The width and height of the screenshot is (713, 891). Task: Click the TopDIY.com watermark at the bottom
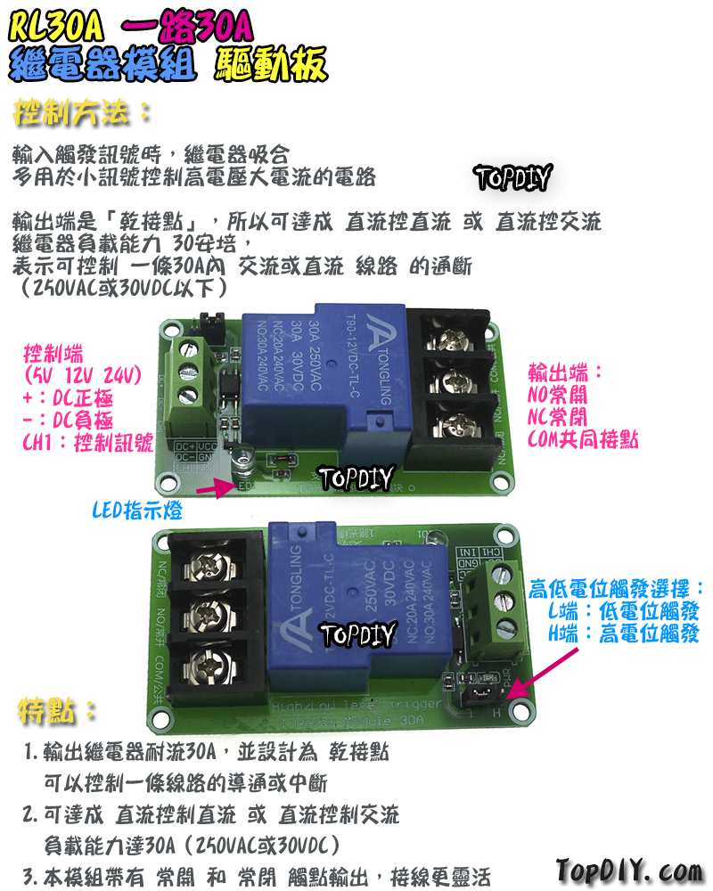coord(629,869)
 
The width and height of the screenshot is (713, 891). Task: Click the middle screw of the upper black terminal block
coord(451,379)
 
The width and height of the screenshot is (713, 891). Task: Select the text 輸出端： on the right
coord(567,371)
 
